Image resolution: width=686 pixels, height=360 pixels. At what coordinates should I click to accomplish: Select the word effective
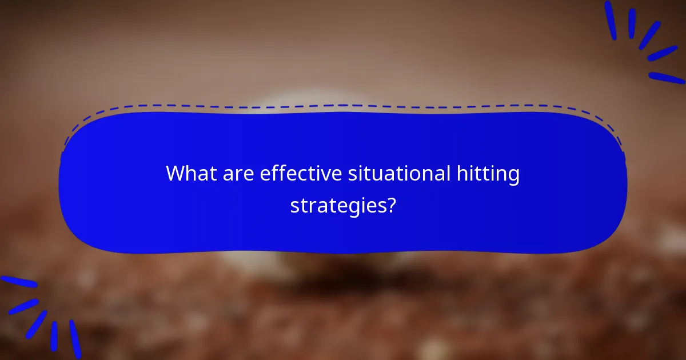click(300, 174)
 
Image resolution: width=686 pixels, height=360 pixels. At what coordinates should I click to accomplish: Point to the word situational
click(400, 174)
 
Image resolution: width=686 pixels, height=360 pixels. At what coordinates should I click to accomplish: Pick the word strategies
click(338, 206)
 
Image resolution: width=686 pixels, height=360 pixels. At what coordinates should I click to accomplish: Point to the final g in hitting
click(513, 177)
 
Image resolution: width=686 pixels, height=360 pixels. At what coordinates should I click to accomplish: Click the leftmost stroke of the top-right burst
click(610, 20)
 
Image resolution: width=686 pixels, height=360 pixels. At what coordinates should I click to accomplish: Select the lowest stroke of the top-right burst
click(667, 78)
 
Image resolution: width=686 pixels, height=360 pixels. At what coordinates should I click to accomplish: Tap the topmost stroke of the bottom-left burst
click(18, 282)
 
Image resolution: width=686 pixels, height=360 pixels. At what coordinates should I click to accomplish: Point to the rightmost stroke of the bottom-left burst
click(75, 338)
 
